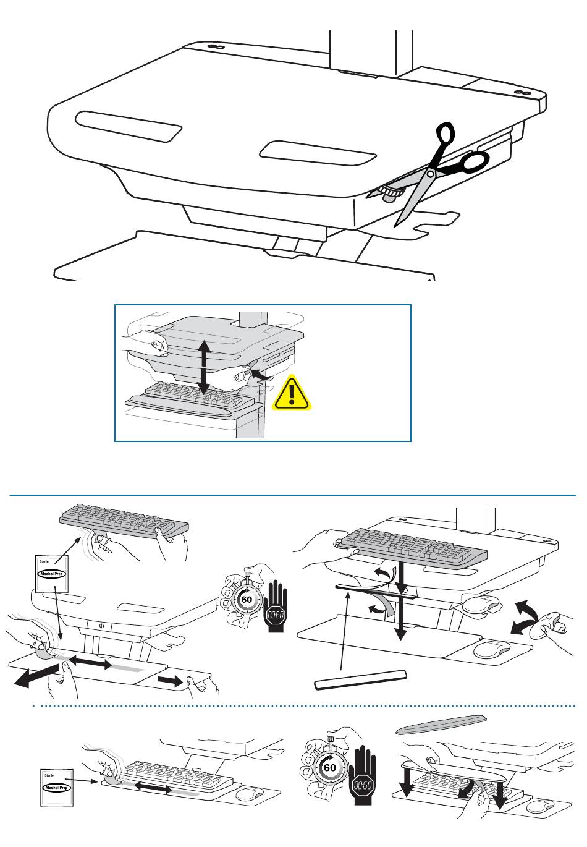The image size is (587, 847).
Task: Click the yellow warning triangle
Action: point(293,394)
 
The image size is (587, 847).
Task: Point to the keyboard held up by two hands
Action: point(124,520)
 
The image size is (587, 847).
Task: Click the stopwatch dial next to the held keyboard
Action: point(245,600)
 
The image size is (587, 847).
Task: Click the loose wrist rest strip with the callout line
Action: point(361,679)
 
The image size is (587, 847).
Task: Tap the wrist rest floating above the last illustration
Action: point(441,724)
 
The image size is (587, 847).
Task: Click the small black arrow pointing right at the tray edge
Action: point(171,681)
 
